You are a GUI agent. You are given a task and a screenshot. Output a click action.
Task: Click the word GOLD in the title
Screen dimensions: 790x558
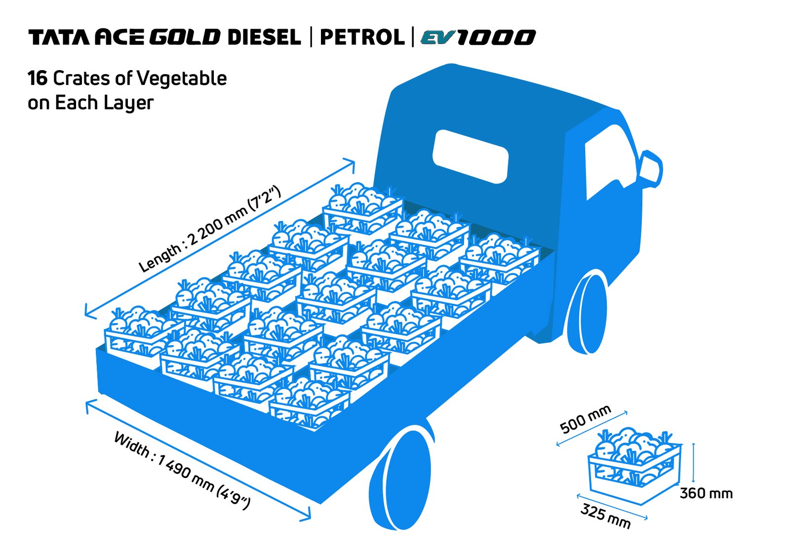(x=185, y=37)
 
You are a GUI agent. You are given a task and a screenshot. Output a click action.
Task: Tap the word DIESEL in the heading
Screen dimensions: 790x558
(x=264, y=37)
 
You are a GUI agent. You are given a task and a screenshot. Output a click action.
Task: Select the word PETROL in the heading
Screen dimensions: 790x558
(x=362, y=37)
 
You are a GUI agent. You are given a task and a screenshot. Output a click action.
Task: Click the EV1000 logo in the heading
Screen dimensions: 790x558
(x=478, y=37)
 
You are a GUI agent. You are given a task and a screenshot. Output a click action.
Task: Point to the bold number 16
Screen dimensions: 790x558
(x=38, y=79)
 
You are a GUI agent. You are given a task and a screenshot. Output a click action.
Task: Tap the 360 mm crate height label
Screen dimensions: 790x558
(x=706, y=493)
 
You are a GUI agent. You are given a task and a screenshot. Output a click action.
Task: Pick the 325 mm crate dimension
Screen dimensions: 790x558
(x=605, y=516)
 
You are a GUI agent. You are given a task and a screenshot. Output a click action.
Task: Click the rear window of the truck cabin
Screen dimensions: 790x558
(x=471, y=157)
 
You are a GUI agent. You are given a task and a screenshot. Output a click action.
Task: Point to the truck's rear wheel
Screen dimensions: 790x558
(x=400, y=478)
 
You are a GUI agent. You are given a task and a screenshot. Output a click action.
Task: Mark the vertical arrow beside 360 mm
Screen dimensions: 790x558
(x=693, y=463)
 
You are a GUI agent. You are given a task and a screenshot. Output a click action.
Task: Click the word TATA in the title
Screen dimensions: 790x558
(x=61, y=38)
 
